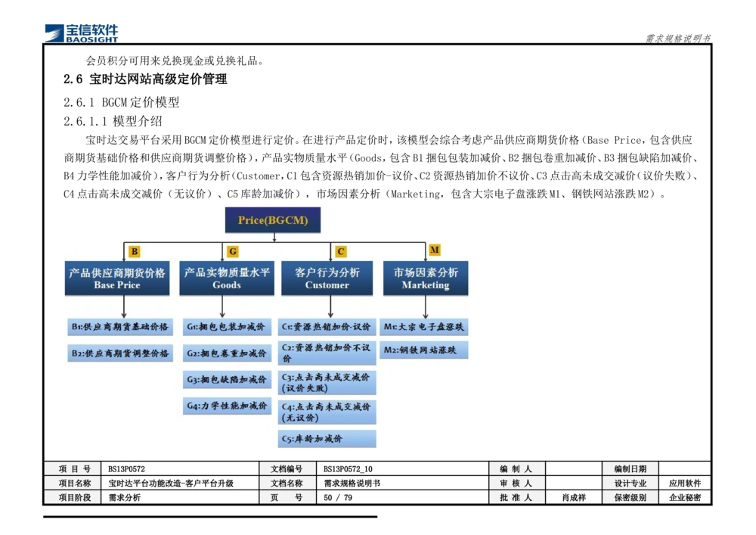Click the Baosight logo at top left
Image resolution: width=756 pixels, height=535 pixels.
pos(82,33)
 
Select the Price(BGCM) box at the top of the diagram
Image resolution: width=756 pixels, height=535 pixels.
pos(273,220)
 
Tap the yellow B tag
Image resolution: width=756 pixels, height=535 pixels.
pos(135,251)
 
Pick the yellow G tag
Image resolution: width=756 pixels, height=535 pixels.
pos(233,251)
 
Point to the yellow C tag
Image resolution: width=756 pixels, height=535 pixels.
pos(341,251)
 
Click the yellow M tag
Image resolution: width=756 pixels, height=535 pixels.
pos(435,250)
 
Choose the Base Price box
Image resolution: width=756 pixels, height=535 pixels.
pos(117,278)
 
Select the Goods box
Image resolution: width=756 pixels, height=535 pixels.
pos(227,278)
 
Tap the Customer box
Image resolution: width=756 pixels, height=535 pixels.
pos(327,278)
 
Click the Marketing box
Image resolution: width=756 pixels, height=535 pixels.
pos(426,278)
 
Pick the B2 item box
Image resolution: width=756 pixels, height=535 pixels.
pos(120,353)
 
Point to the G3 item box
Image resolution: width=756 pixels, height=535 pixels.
pos(227,380)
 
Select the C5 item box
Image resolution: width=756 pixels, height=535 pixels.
pos(327,439)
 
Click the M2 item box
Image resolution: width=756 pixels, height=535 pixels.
pos(424,350)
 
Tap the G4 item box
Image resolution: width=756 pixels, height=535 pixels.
pos(227,406)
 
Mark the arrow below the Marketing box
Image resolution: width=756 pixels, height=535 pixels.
pos(426,306)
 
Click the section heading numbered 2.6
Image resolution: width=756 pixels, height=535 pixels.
pos(145,79)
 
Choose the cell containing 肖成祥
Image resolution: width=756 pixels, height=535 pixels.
pos(573,497)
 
